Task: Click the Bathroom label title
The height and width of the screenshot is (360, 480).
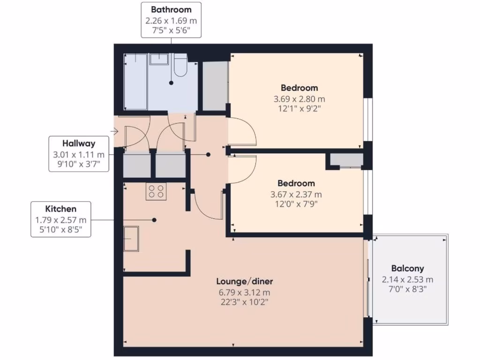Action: point(171,9)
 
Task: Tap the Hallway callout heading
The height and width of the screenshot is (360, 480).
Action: point(79,144)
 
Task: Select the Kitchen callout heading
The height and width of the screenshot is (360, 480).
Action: point(60,209)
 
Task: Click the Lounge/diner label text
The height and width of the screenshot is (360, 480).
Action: point(244,282)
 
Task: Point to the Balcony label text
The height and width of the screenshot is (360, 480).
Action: point(407,269)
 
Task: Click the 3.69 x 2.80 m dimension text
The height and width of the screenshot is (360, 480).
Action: point(299,99)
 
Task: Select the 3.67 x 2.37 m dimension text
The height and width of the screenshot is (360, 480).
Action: point(296,195)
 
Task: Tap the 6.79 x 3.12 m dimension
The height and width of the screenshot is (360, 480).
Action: point(244,292)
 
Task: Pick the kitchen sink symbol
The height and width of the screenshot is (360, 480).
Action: point(132,239)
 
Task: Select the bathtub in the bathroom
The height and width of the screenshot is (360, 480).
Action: point(135,82)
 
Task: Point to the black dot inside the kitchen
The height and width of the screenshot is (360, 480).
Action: point(154,220)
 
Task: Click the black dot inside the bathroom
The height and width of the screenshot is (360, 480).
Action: point(171,83)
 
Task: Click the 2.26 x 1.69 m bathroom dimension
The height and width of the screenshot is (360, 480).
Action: point(171,21)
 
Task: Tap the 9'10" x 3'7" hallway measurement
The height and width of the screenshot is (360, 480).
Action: point(79,165)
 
